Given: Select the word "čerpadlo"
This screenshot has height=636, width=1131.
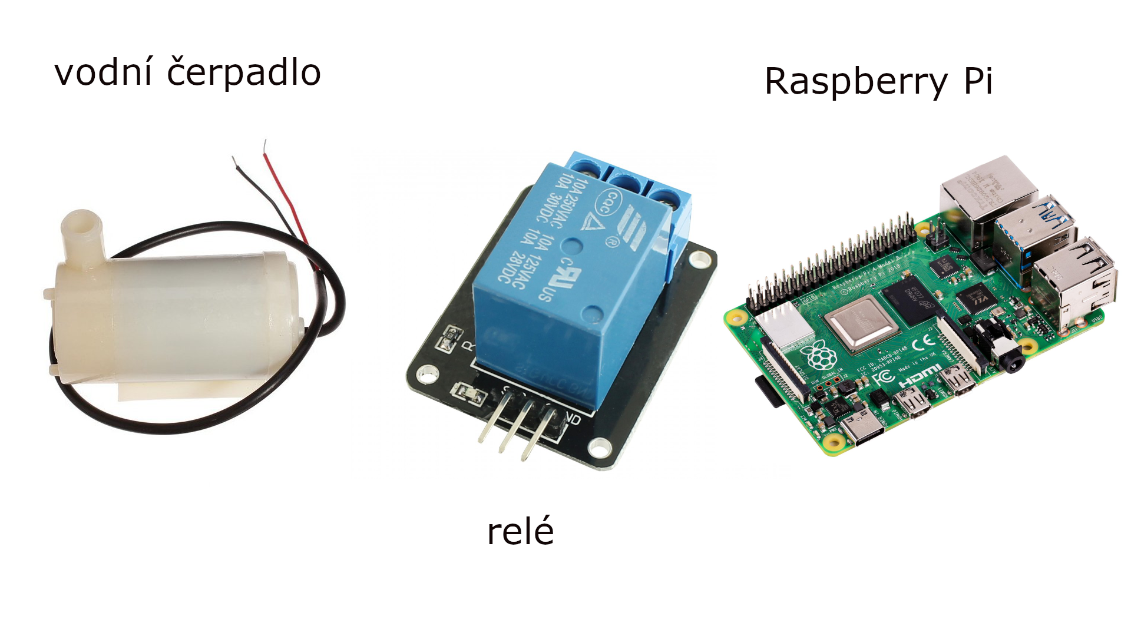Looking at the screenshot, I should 244,72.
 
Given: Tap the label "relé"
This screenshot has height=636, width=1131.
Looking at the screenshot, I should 520,531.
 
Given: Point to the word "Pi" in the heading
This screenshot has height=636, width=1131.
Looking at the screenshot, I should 978,81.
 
